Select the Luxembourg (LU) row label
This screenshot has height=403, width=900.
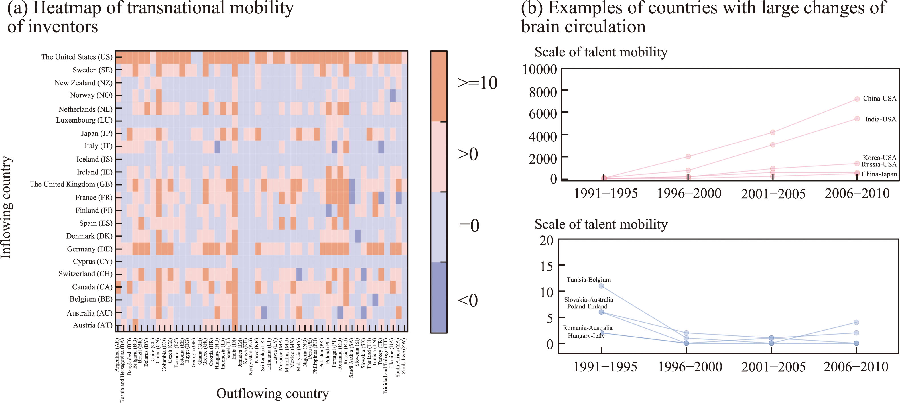84,120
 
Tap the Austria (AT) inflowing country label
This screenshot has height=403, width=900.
93,325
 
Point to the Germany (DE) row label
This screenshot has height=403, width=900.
90,249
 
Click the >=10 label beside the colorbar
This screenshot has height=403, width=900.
477,83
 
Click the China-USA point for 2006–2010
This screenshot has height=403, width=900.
857,99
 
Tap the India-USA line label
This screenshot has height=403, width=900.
880,119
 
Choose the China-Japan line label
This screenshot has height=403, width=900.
879,174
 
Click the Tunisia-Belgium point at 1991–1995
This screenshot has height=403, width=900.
601,286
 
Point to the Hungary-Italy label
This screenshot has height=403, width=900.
586,336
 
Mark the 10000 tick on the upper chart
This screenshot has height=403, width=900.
539,70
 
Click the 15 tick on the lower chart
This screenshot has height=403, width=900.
546,266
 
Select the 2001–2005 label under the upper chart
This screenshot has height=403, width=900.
773,194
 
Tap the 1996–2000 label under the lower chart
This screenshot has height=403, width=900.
690,367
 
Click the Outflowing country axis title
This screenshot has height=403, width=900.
272,393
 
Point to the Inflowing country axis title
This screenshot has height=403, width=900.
6,207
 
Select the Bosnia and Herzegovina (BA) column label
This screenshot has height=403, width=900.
122,370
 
